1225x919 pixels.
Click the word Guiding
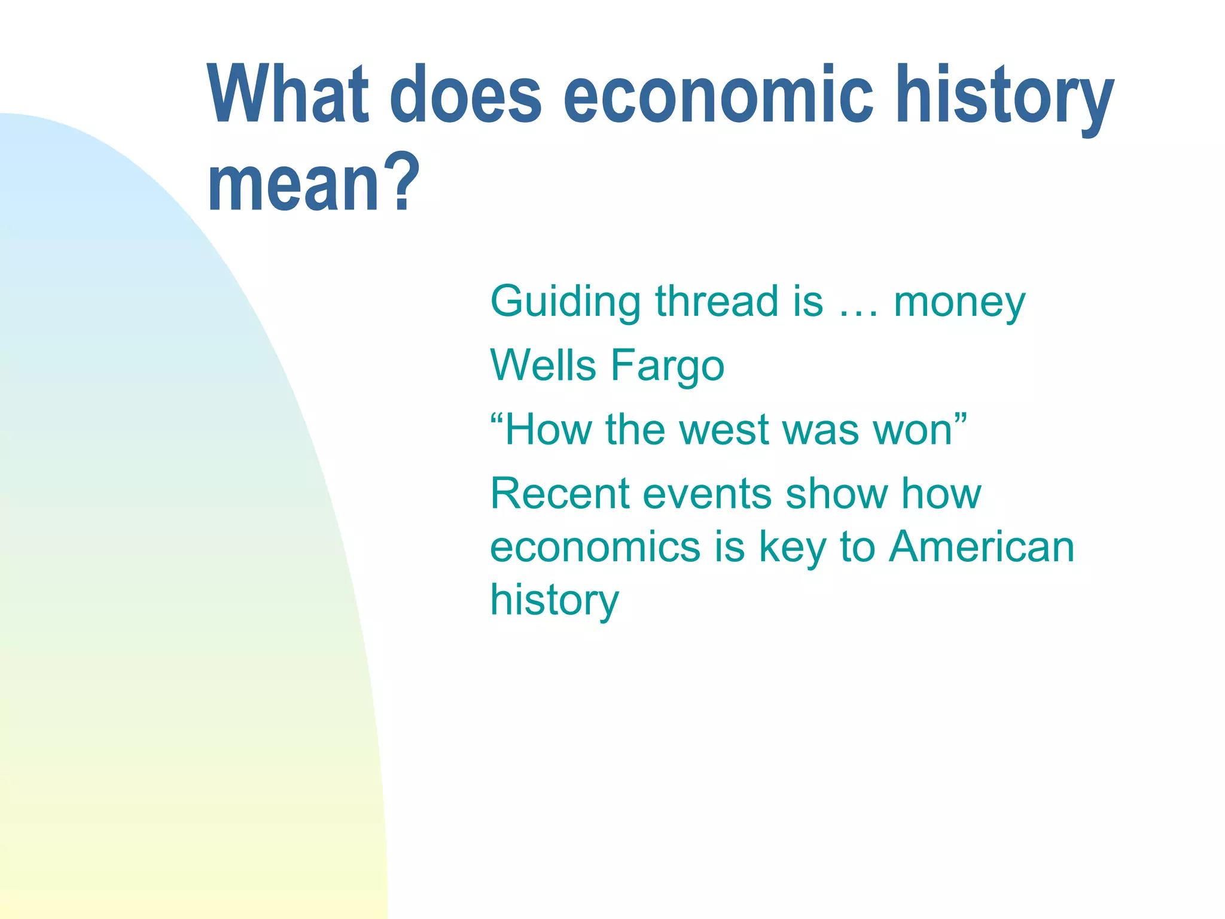coord(565,302)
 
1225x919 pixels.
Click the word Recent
coord(560,494)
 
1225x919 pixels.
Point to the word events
coord(706,495)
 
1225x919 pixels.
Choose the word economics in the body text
coord(595,547)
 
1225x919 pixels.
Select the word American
coord(981,547)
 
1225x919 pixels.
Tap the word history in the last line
coord(554,601)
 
